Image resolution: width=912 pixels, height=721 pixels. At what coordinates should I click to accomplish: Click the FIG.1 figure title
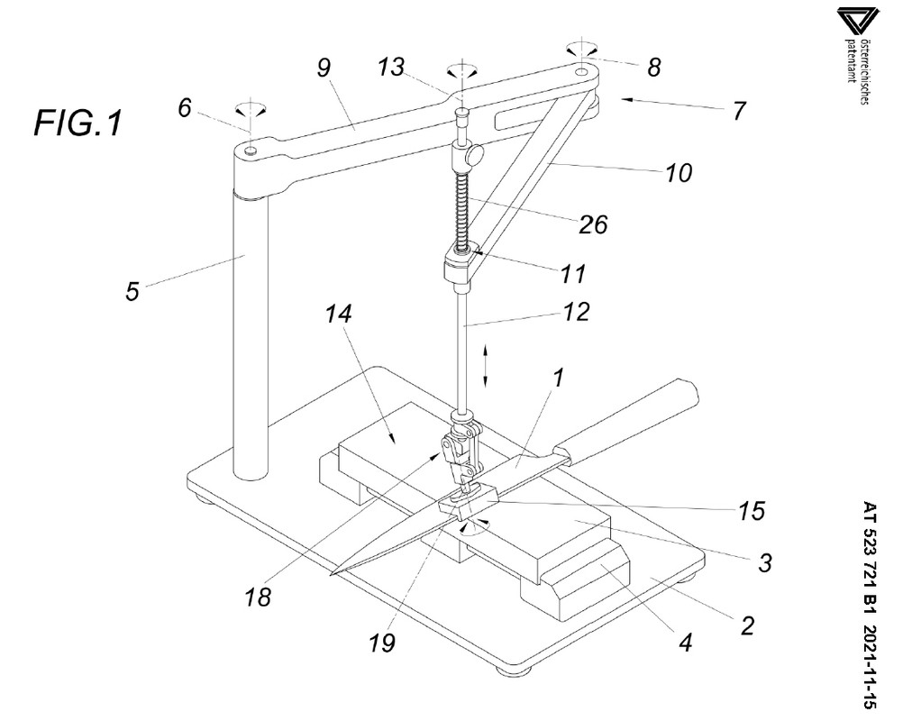[x=78, y=122]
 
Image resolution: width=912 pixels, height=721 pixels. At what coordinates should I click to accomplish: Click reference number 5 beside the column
[x=132, y=293]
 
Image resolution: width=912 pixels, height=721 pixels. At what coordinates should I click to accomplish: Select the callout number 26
[x=593, y=224]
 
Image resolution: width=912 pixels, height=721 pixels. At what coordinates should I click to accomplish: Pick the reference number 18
[x=259, y=597]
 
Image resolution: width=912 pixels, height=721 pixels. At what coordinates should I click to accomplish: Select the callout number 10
[x=679, y=173]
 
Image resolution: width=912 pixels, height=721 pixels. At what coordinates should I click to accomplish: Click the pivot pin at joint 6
[x=251, y=151]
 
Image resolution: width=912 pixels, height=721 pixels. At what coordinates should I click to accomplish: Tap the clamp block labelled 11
[x=459, y=269]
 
